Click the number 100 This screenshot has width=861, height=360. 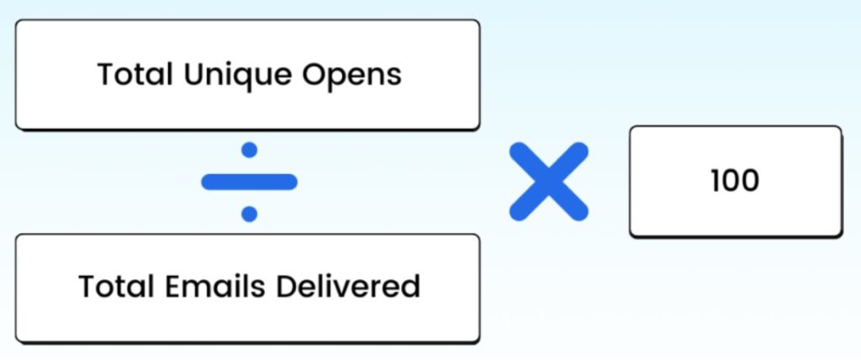click(735, 181)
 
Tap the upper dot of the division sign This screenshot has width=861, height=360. click(249, 151)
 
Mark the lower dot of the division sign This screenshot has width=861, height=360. click(249, 214)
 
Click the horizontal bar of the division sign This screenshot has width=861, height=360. click(249, 182)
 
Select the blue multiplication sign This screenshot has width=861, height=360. click(549, 182)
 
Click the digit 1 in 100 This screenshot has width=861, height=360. click(715, 181)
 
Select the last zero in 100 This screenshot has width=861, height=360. click(750, 181)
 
